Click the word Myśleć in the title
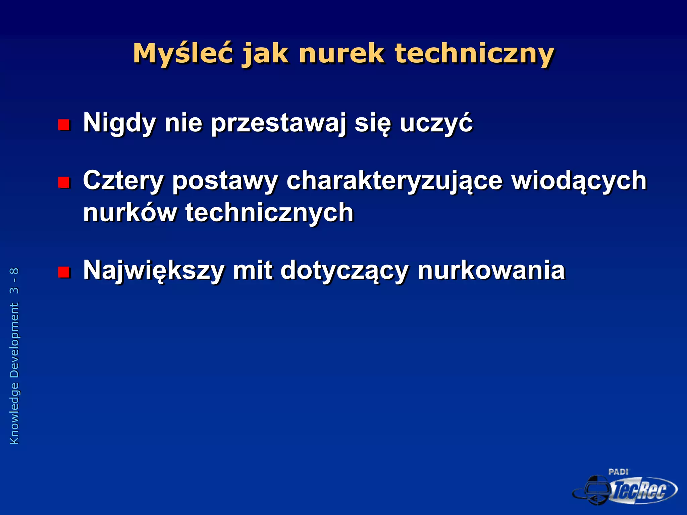183,54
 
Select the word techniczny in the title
474,54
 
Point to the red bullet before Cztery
63,182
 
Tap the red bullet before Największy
63,272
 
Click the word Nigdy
119,123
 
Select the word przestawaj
278,123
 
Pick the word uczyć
436,123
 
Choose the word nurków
130,213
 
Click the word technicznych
269,213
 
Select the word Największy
154,271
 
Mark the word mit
253,270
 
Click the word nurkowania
491,270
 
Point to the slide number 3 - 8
14,281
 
